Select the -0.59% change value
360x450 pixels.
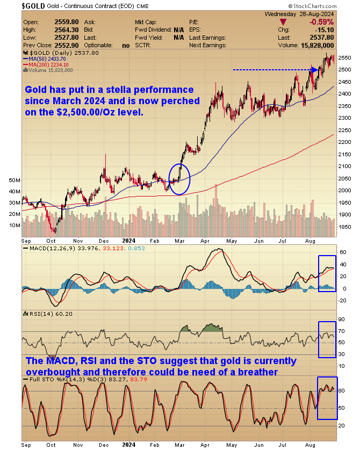click(x=321, y=22)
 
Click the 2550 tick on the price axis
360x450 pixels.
click(x=345, y=57)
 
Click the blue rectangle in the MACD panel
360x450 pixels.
click(x=327, y=273)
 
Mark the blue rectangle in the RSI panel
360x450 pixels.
click(x=327, y=339)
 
